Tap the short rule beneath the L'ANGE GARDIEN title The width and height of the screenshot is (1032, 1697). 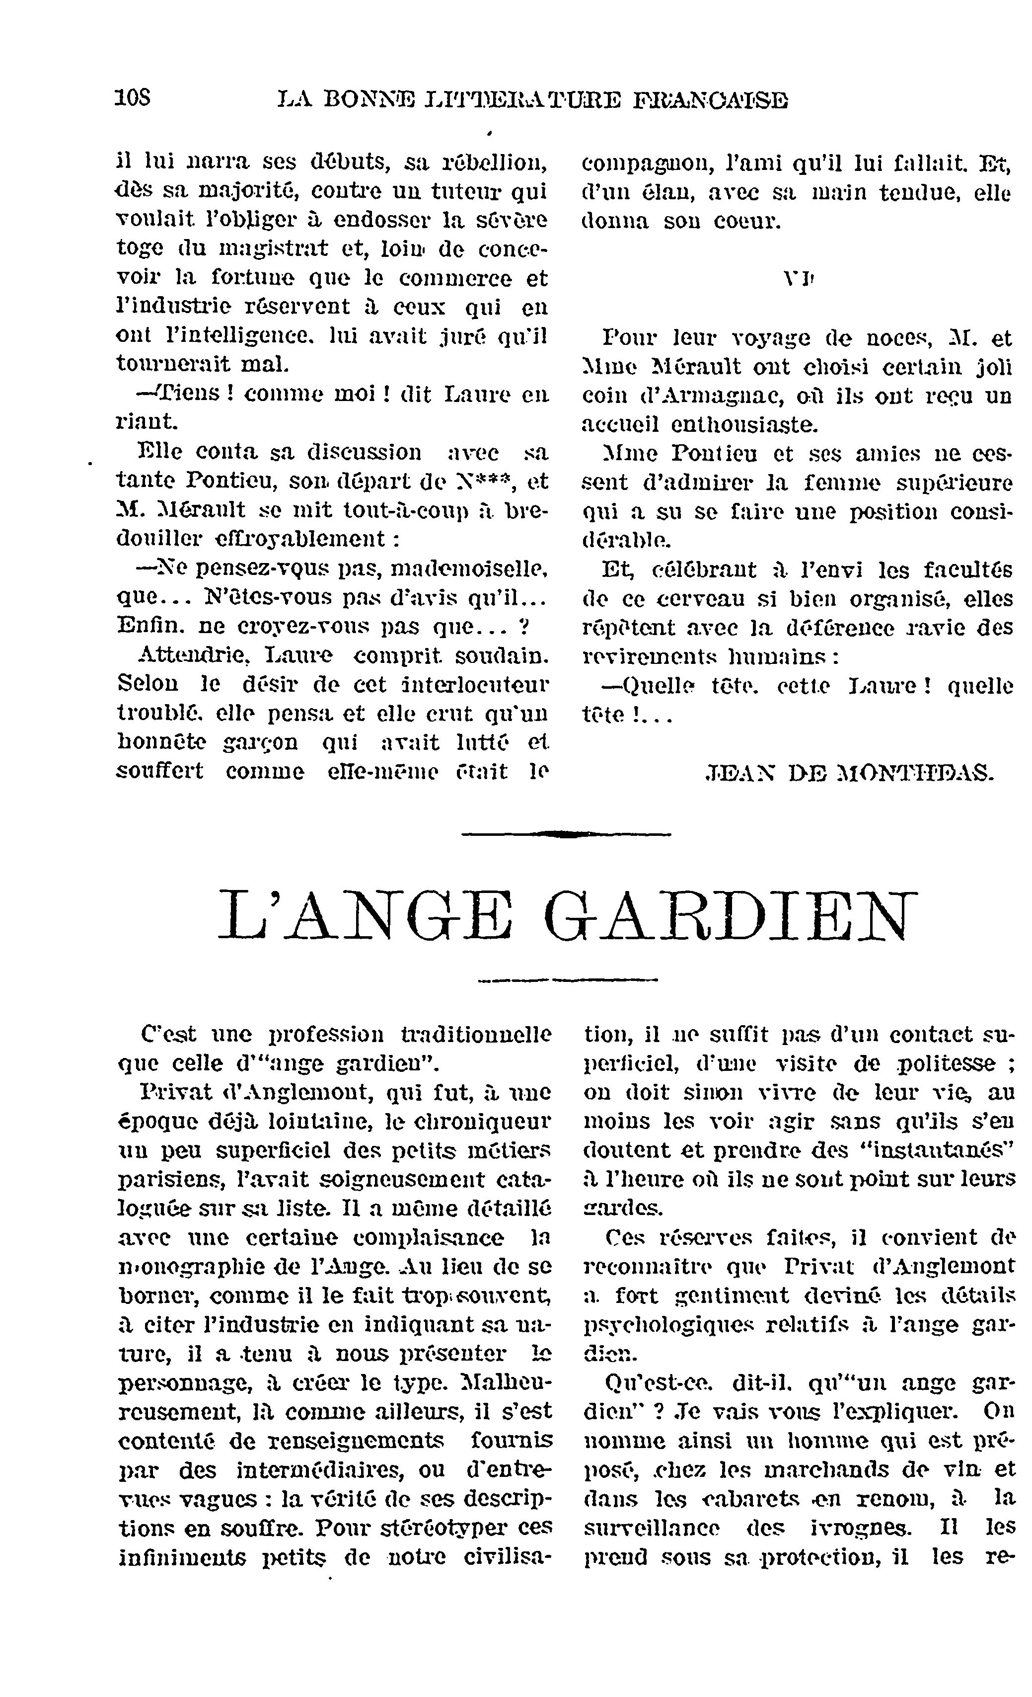567,978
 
